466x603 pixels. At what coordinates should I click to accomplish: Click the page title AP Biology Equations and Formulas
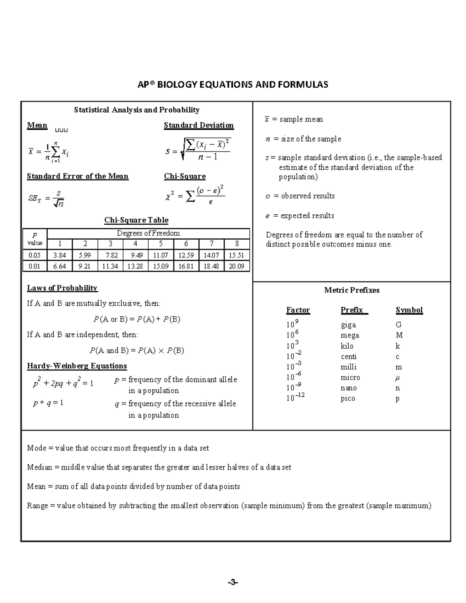pos(233,85)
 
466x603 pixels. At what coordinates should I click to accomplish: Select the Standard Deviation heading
pos(198,125)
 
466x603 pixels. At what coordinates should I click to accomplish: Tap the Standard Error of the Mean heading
pos(77,176)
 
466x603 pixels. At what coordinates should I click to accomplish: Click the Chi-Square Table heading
pos(136,220)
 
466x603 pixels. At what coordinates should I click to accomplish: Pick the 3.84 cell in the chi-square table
pos(59,255)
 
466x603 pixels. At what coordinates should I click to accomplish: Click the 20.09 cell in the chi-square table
pos(236,266)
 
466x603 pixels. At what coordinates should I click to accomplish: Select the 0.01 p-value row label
pos(35,266)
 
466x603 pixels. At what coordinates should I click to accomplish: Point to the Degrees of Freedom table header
pos(148,233)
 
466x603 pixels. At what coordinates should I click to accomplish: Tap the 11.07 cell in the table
pos(160,255)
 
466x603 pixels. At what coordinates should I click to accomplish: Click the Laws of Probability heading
pos(62,288)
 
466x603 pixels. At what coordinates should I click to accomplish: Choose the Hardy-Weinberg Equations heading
pos(77,366)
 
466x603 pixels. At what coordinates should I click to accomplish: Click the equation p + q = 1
pos(48,403)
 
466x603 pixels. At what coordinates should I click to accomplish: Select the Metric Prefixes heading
pos(351,290)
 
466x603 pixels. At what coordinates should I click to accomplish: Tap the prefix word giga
pos(348,325)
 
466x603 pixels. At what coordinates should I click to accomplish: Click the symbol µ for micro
pos(398,377)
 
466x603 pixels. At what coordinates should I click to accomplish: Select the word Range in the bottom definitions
pos(37,506)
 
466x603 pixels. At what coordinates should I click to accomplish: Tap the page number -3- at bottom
pos(233,582)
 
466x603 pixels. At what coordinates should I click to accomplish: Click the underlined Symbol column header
pos(409,310)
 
